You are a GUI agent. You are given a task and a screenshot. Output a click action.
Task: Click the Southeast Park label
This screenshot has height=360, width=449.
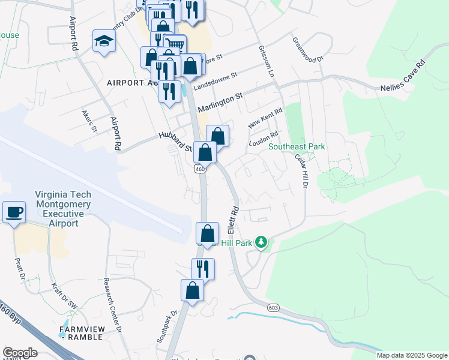pyautogui.click(x=297, y=146)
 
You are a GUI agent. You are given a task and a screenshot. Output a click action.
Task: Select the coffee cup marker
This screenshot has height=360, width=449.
pyautogui.click(x=14, y=212)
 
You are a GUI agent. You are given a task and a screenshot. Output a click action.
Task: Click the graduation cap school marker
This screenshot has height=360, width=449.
pyautogui.click(x=104, y=41)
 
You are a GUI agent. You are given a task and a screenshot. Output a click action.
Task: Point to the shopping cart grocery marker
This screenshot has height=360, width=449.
pyautogui.click(x=175, y=45)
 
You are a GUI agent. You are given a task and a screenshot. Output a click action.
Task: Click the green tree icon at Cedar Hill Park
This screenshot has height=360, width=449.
pyautogui.click(x=261, y=242)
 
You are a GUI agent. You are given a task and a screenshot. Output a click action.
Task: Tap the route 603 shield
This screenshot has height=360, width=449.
pyautogui.click(x=274, y=307)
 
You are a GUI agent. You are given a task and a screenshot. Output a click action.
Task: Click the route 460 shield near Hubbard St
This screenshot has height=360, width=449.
pyautogui.click(x=200, y=169)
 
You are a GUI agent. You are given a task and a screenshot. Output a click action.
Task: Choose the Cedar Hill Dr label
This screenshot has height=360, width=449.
pyautogui.click(x=301, y=173)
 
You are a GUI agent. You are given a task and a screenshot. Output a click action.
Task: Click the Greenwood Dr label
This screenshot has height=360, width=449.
pyautogui.click(x=307, y=50)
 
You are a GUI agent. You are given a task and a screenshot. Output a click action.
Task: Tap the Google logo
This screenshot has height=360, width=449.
pyautogui.click(x=20, y=353)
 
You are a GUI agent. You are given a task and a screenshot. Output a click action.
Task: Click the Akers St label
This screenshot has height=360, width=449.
pyautogui.click(x=89, y=122)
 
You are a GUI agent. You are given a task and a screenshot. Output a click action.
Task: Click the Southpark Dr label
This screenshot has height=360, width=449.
pyautogui.click(x=167, y=326)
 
